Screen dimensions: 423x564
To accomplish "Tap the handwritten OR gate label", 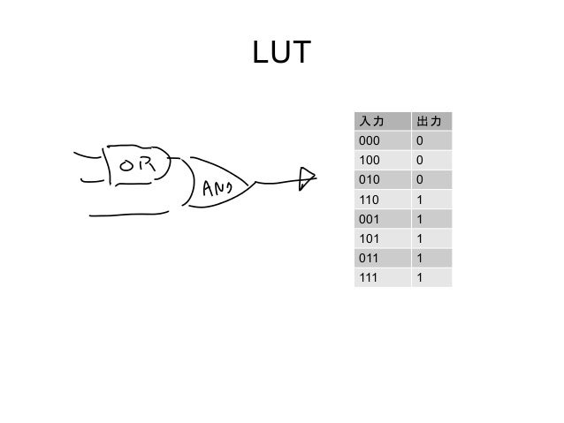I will [135, 164].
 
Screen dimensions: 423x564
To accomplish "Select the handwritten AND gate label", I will [217, 187].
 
